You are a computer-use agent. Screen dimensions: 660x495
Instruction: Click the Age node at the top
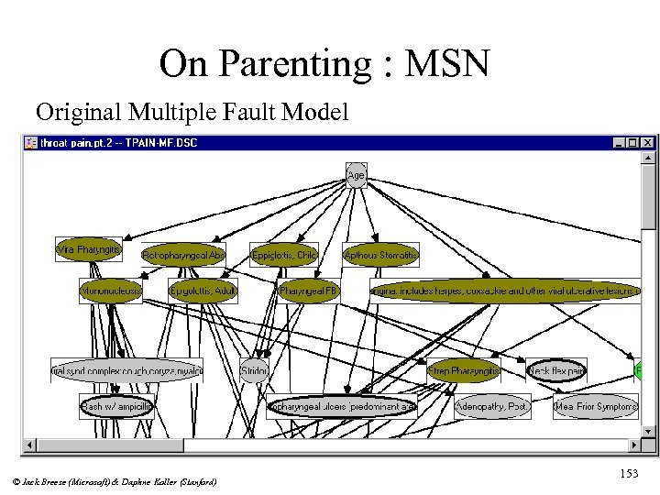(x=356, y=174)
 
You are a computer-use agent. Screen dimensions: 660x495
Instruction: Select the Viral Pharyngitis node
(x=89, y=248)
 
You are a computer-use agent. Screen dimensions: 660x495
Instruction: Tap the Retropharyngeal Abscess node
(x=183, y=255)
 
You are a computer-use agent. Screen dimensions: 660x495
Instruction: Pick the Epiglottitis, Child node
(x=284, y=255)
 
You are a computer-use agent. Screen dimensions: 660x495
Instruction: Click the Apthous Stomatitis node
(x=380, y=255)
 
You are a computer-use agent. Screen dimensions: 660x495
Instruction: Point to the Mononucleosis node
(x=111, y=291)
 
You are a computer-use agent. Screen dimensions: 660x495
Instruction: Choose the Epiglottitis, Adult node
(x=203, y=291)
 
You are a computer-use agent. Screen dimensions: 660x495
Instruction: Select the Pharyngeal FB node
(x=309, y=291)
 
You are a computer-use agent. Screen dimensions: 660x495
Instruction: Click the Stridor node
(x=254, y=371)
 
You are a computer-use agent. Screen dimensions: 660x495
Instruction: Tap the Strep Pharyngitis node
(x=464, y=371)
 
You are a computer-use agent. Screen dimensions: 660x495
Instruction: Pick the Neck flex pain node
(x=556, y=371)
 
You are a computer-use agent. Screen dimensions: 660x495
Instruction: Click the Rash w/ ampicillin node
(x=116, y=406)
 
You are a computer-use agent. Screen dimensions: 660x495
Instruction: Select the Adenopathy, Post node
(x=493, y=406)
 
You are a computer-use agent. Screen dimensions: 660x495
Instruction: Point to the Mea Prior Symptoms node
(x=596, y=406)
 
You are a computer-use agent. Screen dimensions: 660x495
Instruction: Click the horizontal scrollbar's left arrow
(x=30, y=445)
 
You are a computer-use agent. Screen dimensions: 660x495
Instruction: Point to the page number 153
(x=629, y=473)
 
